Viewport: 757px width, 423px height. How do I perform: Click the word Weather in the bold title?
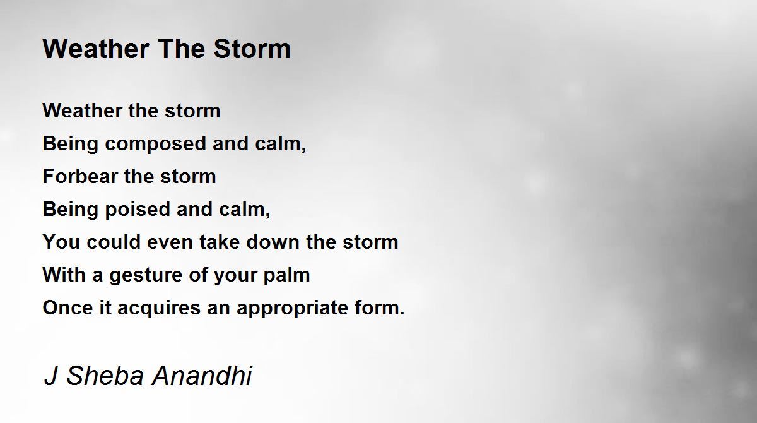click(x=96, y=49)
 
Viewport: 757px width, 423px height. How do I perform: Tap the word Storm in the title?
click(x=252, y=49)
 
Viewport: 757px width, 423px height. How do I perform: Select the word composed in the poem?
click(x=155, y=145)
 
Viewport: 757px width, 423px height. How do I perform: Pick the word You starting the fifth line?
click(x=62, y=242)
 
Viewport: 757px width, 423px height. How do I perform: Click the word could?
click(x=114, y=242)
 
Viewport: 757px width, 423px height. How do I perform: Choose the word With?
click(x=64, y=275)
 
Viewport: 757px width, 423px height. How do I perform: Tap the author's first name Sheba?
click(x=105, y=376)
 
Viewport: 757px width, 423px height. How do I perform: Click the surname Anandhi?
click(x=202, y=376)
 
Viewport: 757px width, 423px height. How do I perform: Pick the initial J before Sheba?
click(x=50, y=376)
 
